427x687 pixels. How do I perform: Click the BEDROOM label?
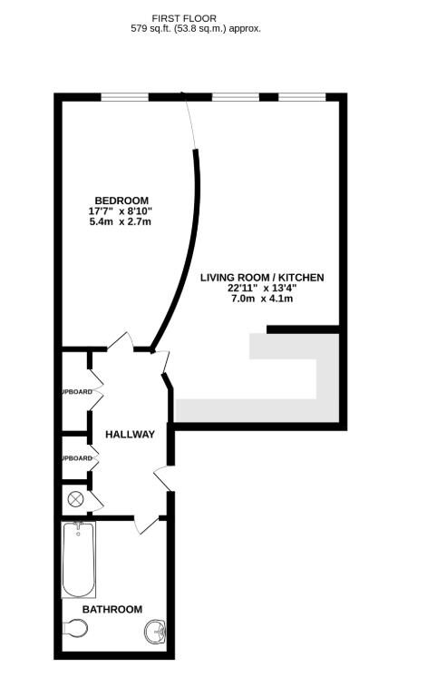[121, 201]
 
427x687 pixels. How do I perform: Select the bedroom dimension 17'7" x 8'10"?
[121, 211]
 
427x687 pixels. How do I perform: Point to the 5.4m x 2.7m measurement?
[121, 222]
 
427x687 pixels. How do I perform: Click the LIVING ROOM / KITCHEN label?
[262, 277]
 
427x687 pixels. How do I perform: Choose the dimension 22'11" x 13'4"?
[262, 288]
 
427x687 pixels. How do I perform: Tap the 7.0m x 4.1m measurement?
[262, 299]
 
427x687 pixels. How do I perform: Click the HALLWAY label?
[130, 435]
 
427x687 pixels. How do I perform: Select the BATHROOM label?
[112, 609]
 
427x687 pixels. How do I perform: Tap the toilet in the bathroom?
[77, 628]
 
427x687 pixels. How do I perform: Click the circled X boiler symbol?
[74, 498]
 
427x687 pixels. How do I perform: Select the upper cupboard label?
[76, 392]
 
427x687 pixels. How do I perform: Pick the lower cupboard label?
[76, 458]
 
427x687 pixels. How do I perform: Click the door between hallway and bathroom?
[145, 524]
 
